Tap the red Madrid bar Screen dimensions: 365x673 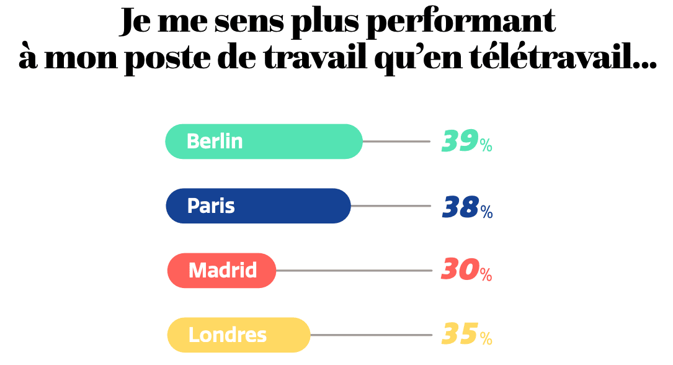221,271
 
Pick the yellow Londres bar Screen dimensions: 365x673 238,335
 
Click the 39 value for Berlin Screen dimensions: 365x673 459,142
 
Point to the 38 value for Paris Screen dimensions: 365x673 460,207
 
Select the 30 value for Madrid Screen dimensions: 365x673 459,271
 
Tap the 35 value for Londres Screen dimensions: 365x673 459,335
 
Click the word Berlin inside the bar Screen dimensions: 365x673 215,142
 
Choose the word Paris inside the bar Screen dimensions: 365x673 211,206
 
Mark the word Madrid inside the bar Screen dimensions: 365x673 223,271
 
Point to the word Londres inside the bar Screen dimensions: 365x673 228,335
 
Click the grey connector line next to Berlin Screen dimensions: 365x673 396,142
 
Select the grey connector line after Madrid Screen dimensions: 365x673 354,271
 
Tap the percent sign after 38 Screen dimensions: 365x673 486,212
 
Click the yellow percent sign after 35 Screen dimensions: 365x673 486,339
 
